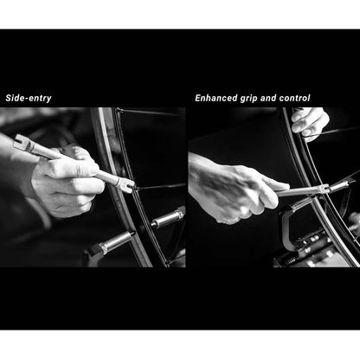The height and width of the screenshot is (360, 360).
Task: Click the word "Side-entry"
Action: point(29,98)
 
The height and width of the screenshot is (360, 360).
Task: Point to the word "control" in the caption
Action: point(294,98)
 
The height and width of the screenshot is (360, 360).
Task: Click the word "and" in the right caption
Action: point(268,98)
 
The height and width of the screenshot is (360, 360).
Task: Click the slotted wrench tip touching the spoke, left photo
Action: point(128,184)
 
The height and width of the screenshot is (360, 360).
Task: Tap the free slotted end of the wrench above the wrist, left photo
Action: point(20,141)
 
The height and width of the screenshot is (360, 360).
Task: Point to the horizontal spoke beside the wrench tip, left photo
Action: point(160,187)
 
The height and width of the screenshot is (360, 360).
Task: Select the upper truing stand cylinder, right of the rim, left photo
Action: point(168,218)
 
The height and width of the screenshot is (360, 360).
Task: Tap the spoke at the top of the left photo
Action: point(150,111)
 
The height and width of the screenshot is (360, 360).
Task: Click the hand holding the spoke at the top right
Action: point(309,123)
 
